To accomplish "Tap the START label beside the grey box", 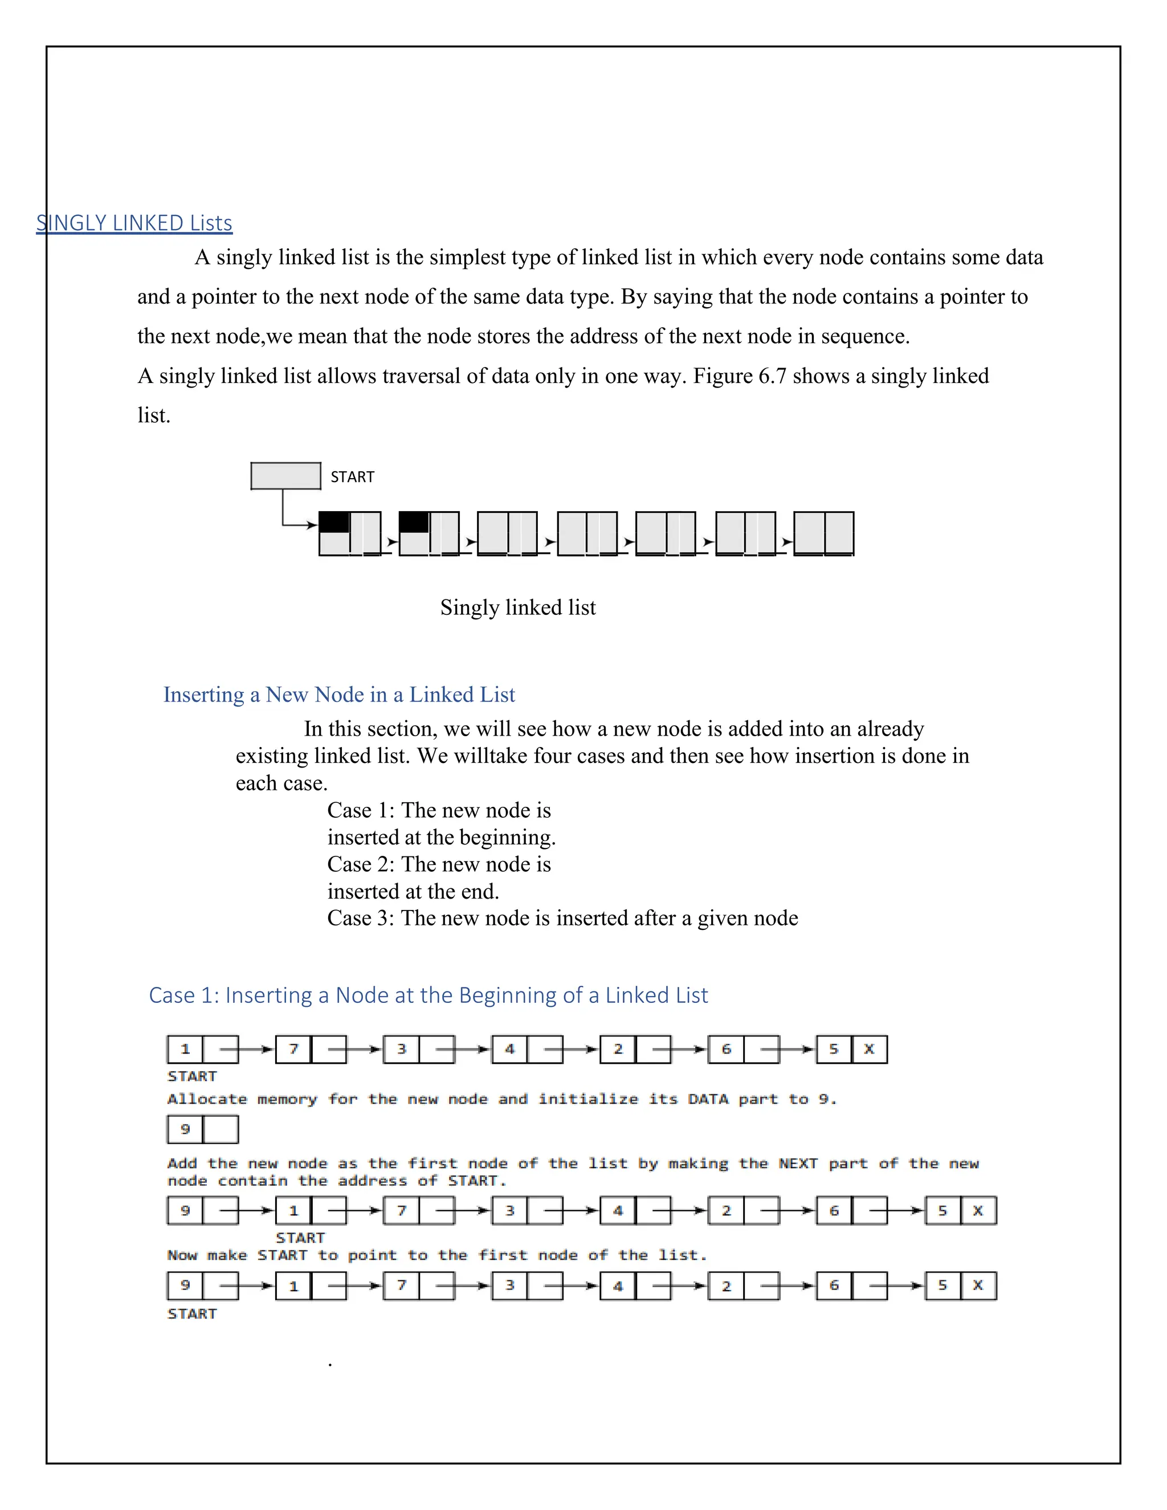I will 352,477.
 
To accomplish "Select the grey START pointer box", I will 285,476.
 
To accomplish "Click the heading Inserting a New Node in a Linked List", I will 339,694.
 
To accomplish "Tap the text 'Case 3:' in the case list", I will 360,918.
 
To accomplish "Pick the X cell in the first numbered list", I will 869,1050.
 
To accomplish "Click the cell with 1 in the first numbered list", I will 185,1050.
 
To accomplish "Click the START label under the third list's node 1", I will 300,1238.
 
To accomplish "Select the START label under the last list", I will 192,1313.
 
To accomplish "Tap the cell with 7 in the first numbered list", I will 293,1050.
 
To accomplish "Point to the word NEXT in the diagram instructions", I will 798,1164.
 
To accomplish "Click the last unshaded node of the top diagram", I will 823,533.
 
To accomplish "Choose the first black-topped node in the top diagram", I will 350,533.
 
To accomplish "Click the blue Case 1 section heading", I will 429,995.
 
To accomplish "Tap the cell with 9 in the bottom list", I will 185,1285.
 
